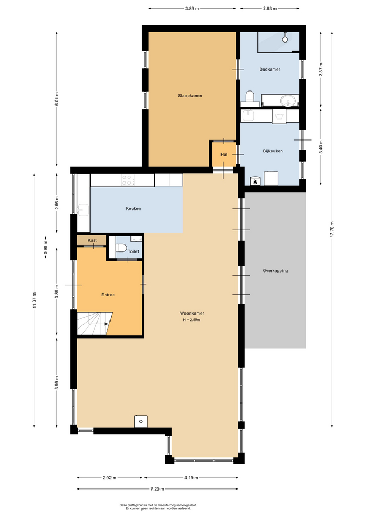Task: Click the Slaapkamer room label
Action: coord(190,96)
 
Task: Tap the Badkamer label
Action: coord(270,69)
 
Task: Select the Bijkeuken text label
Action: coord(273,151)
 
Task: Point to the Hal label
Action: coord(224,155)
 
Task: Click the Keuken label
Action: coord(133,209)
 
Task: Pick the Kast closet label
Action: coord(92,240)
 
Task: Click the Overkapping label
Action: coord(275,271)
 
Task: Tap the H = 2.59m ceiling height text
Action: coord(192,320)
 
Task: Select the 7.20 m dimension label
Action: coord(157,489)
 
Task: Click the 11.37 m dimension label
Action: coord(34,301)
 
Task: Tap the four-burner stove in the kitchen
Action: coord(128,180)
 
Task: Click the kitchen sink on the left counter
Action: coord(83,209)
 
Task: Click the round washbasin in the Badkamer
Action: coord(289,100)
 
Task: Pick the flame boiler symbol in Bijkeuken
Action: coord(255,181)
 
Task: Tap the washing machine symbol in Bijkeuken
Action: coord(279,116)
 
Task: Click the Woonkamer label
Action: coord(192,313)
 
